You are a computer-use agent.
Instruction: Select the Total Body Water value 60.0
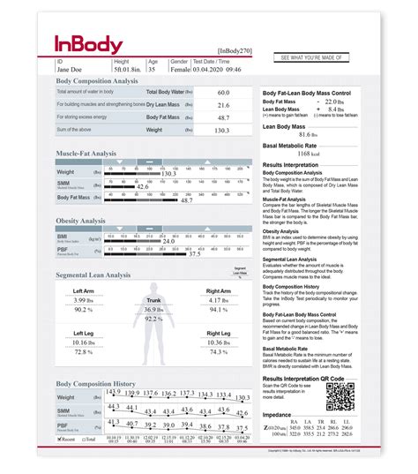(x=223, y=92)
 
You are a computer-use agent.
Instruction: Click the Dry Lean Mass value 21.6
(x=223, y=104)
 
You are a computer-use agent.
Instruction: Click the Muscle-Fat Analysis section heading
(x=86, y=153)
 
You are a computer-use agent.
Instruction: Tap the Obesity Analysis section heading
(x=81, y=221)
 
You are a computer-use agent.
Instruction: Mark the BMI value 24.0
(x=168, y=240)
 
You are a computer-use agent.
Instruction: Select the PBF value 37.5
(x=194, y=253)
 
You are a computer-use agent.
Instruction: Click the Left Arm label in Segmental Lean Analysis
(x=84, y=291)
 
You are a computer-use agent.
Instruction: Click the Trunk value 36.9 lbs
(x=154, y=310)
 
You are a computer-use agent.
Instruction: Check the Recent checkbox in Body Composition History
(x=59, y=438)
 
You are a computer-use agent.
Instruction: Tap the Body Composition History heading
(x=96, y=384)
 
